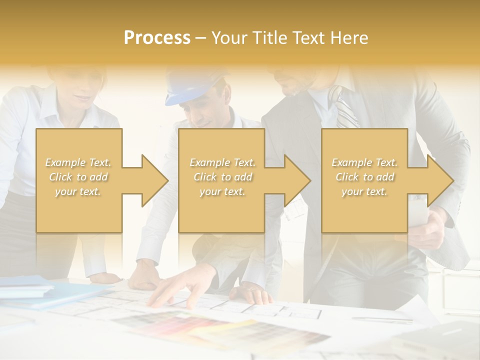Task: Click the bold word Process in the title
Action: click(157, 38)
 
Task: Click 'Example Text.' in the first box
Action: click(78, 162)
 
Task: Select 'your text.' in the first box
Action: click(78, 191)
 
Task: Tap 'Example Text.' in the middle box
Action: click(222, 162)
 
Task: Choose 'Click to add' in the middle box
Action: click(222, 177)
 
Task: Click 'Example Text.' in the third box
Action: click(364, 162)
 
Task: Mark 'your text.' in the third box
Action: click(364, 191)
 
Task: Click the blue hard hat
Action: click(192, 85)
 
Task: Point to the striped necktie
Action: click(345, 107)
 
